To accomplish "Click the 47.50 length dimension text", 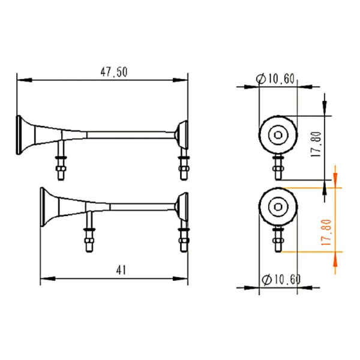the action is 114,72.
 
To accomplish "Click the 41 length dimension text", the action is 121,270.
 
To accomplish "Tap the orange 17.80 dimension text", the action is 326,232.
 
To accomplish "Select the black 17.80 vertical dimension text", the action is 316,144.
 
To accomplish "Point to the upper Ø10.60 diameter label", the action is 275,79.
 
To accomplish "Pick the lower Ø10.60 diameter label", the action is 281,280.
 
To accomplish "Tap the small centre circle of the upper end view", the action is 278,135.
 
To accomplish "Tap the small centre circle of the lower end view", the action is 278,207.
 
